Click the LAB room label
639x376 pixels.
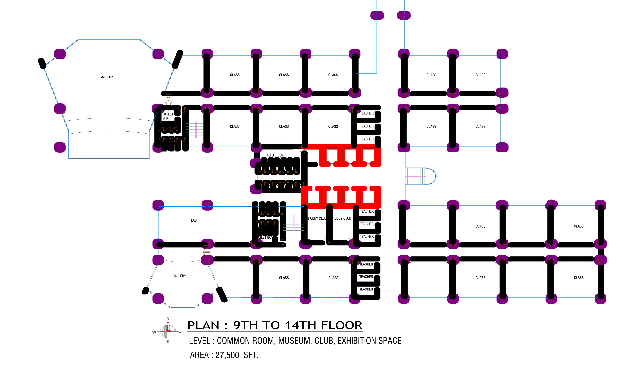(x=194, y=220)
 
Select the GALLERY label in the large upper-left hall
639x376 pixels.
(x=106, y=77)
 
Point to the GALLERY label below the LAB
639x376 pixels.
(x=179, y=276)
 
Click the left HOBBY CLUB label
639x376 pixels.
(x=317, y=218)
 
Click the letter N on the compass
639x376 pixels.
(x=168, y=319)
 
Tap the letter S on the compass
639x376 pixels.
(x=168, y=342)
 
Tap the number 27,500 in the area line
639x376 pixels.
(x=227, y=355)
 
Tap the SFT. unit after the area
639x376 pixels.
(x=251, y=355)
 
